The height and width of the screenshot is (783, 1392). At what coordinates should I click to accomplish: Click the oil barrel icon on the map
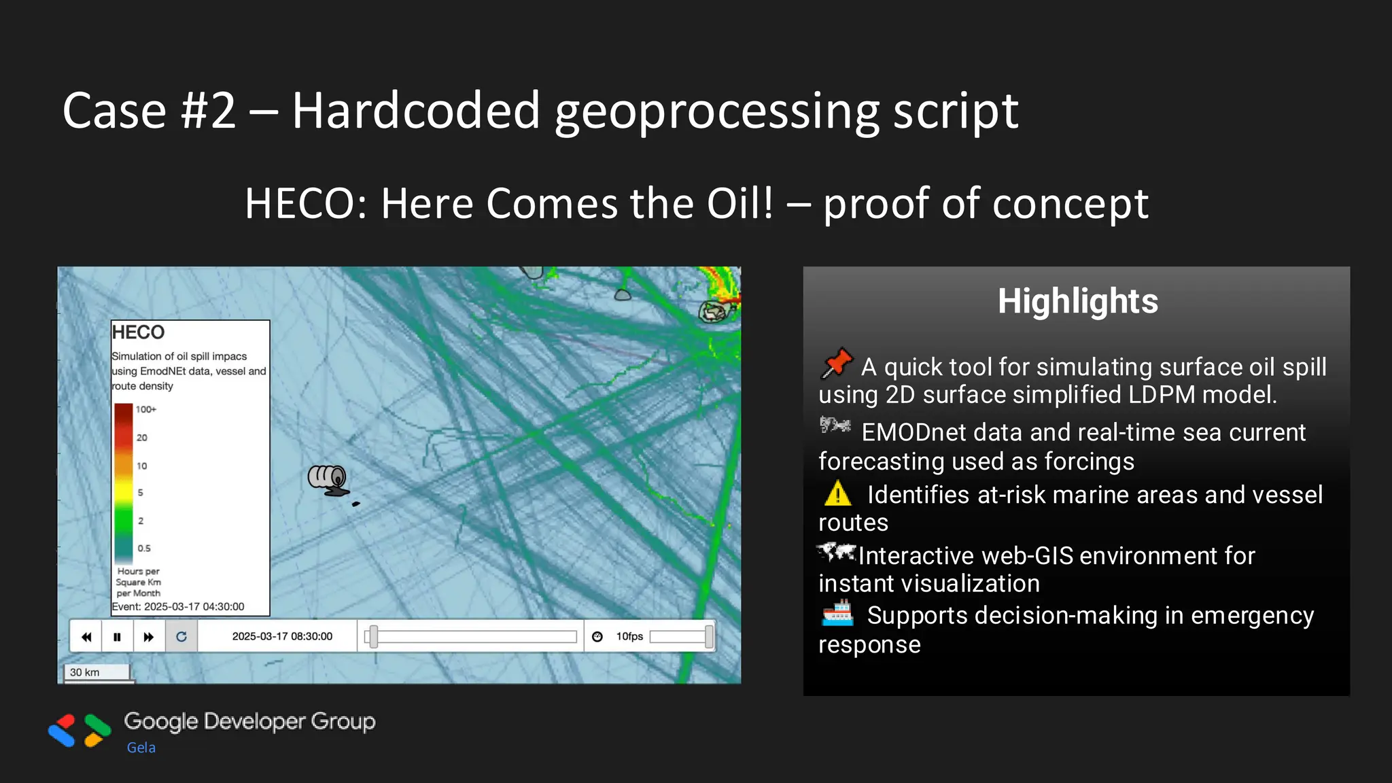pos(328,480)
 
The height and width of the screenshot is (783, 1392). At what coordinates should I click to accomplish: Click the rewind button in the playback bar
pos(86,637)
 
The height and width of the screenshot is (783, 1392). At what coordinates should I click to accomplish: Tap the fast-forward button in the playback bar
pos(149,637)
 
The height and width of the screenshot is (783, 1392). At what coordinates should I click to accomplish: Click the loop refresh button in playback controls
pos(181,637)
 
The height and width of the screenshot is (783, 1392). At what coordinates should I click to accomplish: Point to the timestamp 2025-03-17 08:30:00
pos(282,636)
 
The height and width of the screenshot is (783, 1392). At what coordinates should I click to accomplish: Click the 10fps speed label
pos(629,636)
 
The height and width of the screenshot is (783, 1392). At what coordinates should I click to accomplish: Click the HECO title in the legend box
pos(138,332)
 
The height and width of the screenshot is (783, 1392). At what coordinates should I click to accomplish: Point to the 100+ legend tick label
pos(145,409)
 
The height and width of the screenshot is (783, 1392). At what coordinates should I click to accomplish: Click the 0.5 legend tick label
pos(144,548)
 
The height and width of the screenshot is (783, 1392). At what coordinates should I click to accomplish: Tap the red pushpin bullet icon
pos(837,363)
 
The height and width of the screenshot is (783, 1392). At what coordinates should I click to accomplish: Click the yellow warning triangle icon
pos(837,494)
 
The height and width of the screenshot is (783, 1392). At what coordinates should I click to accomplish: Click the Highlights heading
pos(1077,301)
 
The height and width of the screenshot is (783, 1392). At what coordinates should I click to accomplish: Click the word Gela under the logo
pos(141,748)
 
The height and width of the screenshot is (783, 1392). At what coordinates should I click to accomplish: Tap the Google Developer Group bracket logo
pos(80,731)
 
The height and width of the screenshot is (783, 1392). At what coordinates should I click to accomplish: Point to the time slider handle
pos(373,637)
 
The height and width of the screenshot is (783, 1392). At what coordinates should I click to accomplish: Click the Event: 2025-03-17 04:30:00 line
pos(178,606)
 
